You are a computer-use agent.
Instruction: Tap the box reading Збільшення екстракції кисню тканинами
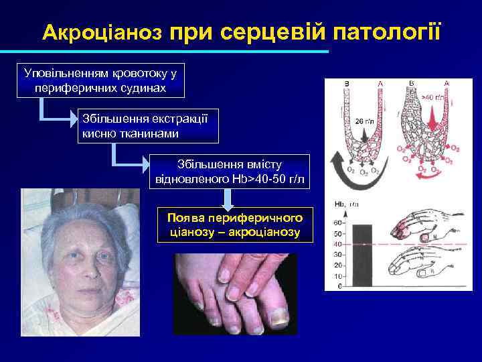148,126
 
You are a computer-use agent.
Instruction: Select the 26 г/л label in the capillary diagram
364,122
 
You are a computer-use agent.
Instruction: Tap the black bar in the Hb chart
361,255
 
